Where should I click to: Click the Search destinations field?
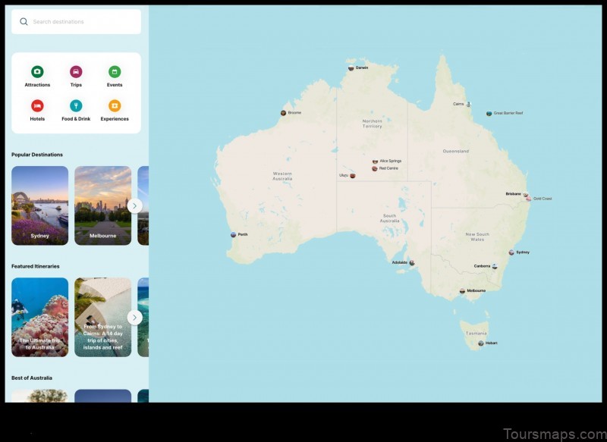coord(76,22)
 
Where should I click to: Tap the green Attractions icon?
coord(37,72)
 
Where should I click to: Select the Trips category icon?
coord(76,72)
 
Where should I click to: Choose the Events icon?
coord(115,72)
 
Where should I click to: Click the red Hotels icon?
coord(37,106)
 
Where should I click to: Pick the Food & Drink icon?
coord(76,106)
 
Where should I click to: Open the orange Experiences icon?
coord(115,106)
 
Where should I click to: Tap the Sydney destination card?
coord(40,205)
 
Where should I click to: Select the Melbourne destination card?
coord(103,205)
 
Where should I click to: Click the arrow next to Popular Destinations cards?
coord(134,205)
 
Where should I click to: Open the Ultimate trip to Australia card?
coord(40,317)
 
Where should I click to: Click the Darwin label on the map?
coord(362,67)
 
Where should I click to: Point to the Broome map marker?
coord(283,113)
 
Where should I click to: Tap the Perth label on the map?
coord(243,235)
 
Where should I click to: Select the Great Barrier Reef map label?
coord(508,114)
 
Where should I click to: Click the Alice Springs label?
coord(390,161)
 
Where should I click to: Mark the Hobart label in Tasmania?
coord(492,343)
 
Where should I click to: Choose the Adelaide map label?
coord(400,262)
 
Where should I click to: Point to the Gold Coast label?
coord(542,199)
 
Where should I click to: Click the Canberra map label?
coord(483,266)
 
